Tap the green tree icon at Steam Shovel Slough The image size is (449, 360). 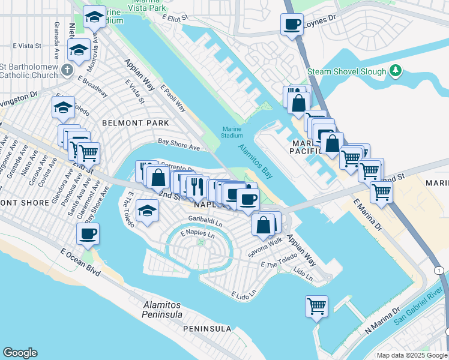pyautogui.click(x=396, y=71)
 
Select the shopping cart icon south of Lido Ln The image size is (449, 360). pyautogui.click(x=316, y=307)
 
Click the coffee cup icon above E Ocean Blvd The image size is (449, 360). pyautogui.click(x=88, y=234)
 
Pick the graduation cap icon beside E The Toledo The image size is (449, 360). pyautogui.click(x=148, y=211)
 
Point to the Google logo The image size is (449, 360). pyautogui.click(x=20, y=353)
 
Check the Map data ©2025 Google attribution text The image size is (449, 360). pyautogui.click(x=412, y=355)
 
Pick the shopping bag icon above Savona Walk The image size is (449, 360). pyautogui.click(x=264, y=225)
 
